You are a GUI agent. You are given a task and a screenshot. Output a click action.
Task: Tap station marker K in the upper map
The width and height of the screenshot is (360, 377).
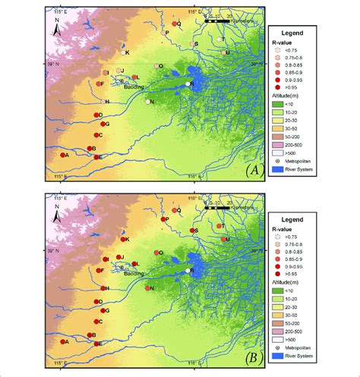(x=122, y=52)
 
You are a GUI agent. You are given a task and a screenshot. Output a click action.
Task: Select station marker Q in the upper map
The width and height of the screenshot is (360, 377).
(x=173, y=24)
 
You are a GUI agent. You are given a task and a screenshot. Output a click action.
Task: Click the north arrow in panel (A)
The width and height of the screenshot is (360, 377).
(x=58, y=30)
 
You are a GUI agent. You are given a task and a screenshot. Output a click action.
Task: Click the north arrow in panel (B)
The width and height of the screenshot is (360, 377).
(x=58, y=217)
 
